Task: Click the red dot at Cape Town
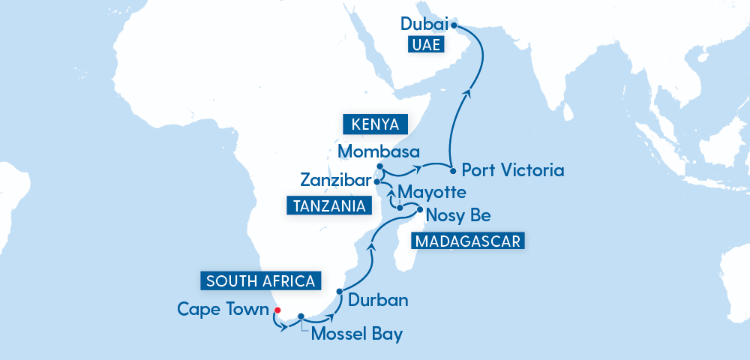pos(277,310)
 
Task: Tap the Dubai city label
pos(424,24)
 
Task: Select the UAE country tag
pos(426,46)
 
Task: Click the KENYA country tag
pos(374,124)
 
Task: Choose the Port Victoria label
pos(512,170)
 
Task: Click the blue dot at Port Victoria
pos(453,170)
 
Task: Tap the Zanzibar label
pos(334,181)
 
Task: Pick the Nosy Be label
pos(457,216)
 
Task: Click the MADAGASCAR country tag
pos(467,241)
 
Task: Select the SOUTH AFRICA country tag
pos(260,281)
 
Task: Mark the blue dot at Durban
pos(340,291)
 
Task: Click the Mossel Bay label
pos(356,334)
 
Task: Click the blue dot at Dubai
pos(454,24)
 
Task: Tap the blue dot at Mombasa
pos(380,166)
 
